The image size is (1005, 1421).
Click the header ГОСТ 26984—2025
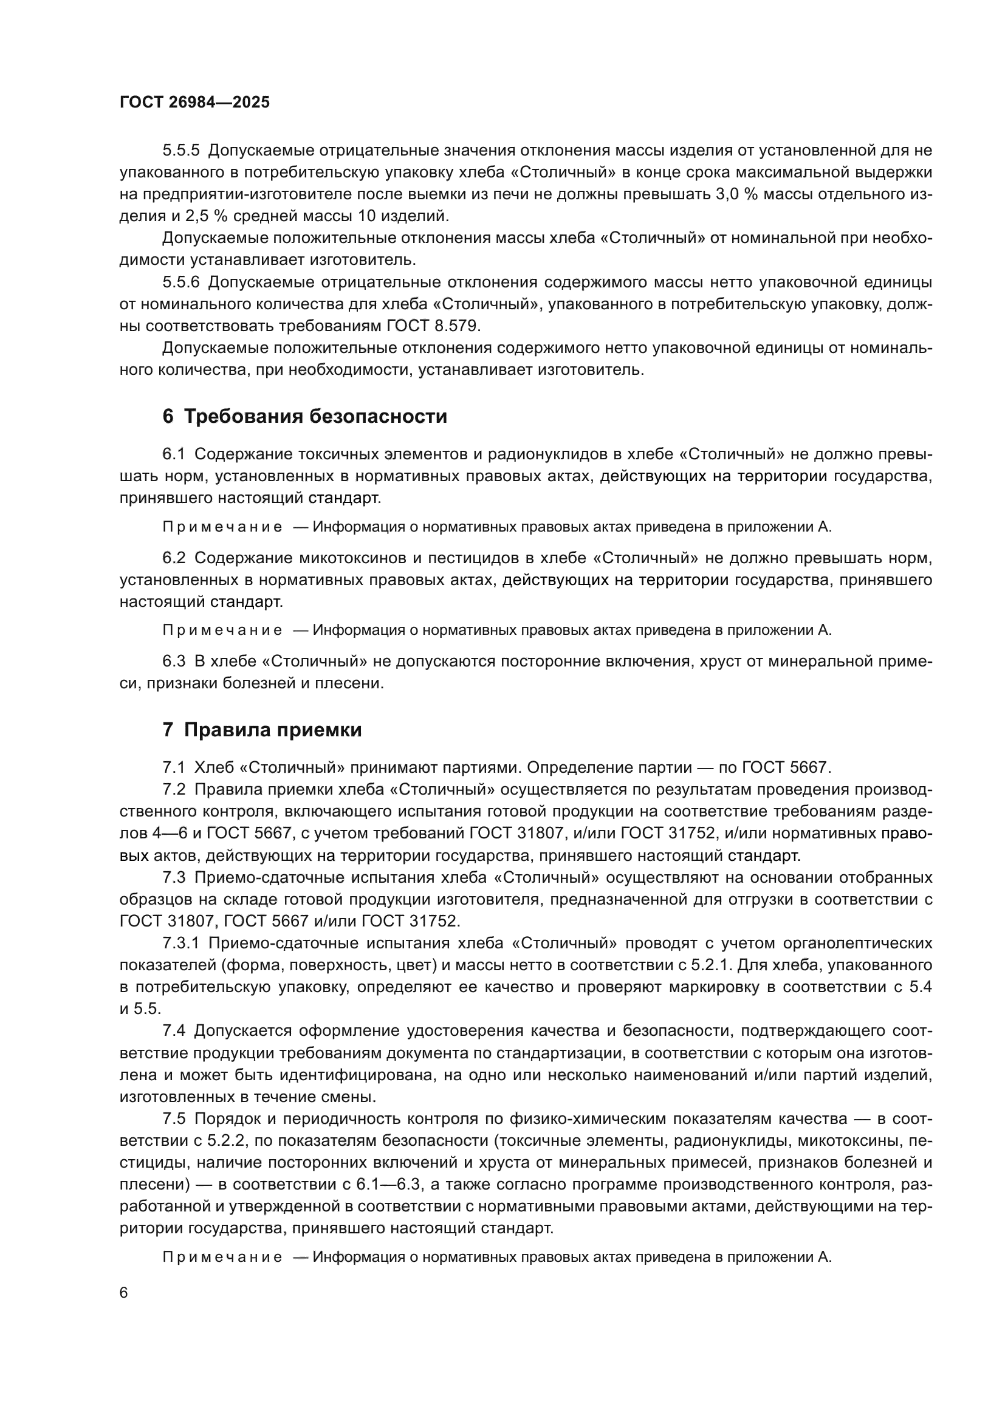click(195, 103)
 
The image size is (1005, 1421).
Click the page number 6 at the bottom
click(124, 1292)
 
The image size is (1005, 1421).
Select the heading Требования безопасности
click(315, 417)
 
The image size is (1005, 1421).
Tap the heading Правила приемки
click(273, 730)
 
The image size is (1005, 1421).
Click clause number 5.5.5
click(181, 151)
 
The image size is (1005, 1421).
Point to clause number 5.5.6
click(181, 282)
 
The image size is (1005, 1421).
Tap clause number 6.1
click(174, 454)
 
